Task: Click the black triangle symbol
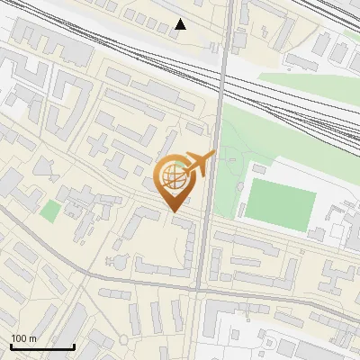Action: (181, 24)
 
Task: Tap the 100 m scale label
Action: (24, 338)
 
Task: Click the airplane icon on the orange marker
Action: (200, 164)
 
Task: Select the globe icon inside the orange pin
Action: (175, 177)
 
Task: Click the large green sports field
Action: (281, 202)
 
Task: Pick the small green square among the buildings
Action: (50, 212)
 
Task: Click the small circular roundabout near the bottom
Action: (122, 339)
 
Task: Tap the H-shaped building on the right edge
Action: (337, 274)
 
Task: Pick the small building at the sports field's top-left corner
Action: (258, 168)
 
